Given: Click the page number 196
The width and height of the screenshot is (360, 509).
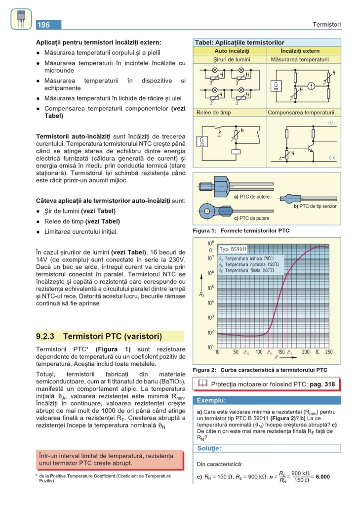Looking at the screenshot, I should pyautogui.click(x=44, y=25).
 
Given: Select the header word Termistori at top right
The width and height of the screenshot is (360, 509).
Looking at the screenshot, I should pyautogui.click(x=326, y=25).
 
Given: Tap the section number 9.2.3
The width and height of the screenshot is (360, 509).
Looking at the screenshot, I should pyautogui.click(x=45, y=337).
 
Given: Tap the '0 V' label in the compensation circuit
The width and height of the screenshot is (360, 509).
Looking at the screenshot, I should pyautogui.click(x=333, y=158).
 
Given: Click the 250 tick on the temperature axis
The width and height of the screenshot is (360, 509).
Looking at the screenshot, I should pyautogui.click(x=329, y=352).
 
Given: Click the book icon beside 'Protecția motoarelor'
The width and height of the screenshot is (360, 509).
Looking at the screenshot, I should pyautogui.click(x=202, y=383).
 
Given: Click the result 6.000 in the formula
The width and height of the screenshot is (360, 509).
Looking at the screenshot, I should pyautogui.click(x=320, y=477).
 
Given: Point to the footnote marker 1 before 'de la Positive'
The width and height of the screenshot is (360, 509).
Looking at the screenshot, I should pyautogui.click(x=37, y=475).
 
